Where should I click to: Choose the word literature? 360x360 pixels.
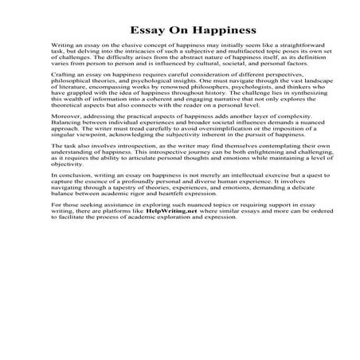pyautogui.click(x=74, y=109)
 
